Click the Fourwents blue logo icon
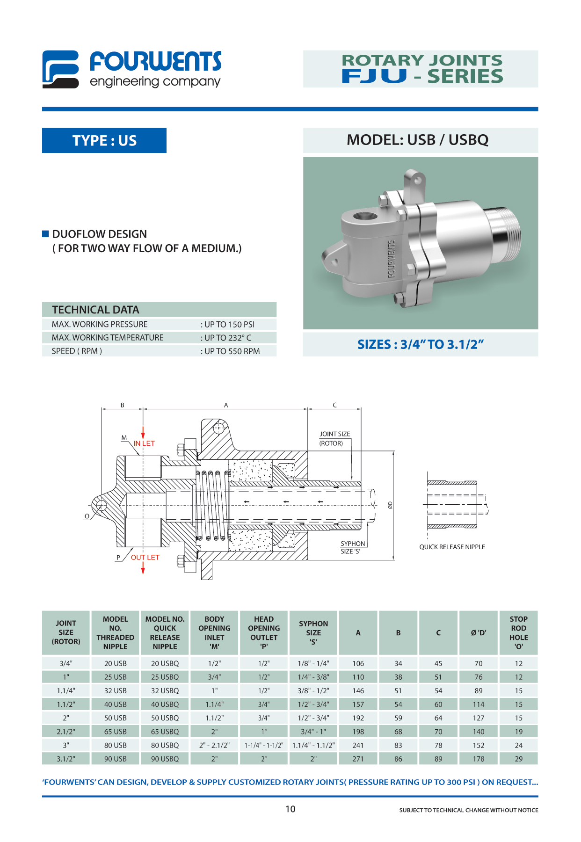click(60, 69)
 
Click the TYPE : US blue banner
click(104, 140)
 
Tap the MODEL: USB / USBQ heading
click(417, 140)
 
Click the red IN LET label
click(144, 443)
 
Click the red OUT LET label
click(145, 558)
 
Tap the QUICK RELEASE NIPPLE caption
click(452, 547)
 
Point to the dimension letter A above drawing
click(226, 405)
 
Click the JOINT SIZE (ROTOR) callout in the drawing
click(334, 439)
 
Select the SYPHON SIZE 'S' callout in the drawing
click(352, 547)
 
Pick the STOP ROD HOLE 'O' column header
click(518, 632)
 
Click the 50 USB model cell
click(115, 718)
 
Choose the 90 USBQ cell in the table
click(165, 759)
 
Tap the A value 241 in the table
click(358, 745)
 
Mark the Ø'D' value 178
click(478, 759)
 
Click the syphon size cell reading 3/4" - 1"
click(313, 732)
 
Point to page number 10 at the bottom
click(290, 809)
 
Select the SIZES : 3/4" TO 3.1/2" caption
click(420, 345)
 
